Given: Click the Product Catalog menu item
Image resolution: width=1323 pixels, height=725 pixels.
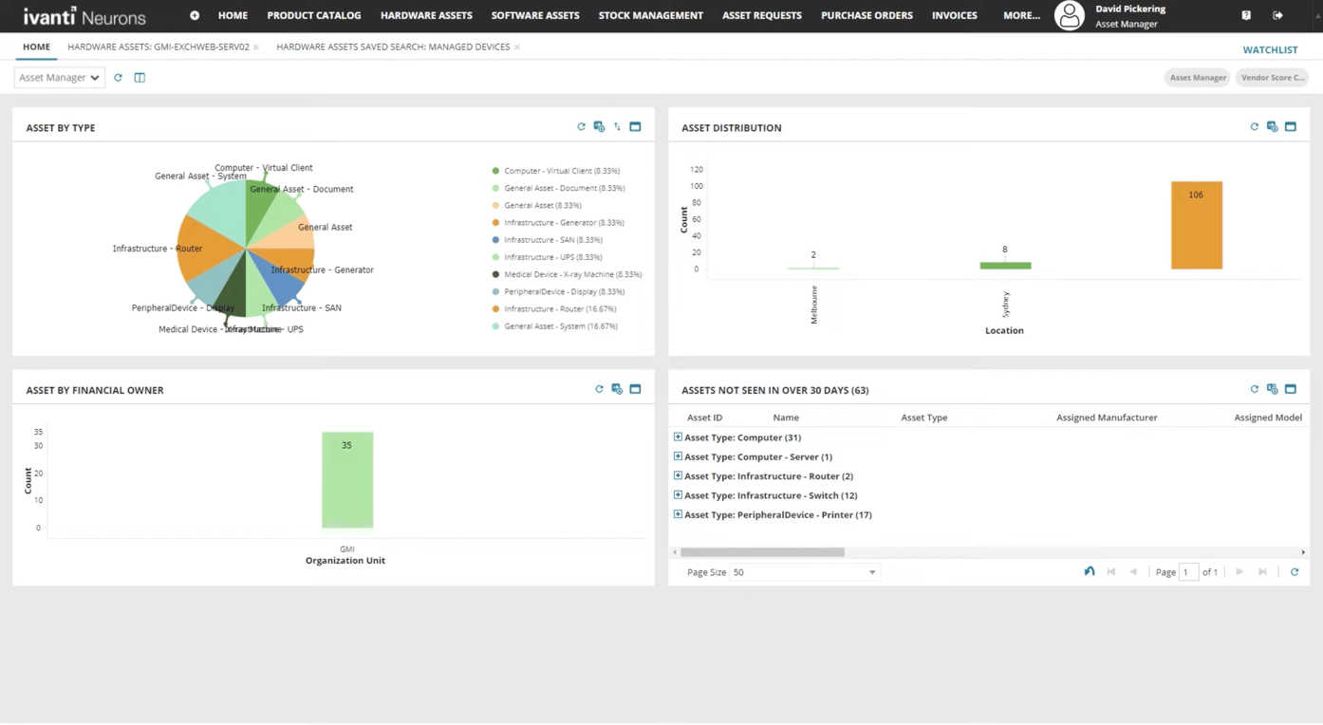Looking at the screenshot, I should [313, 15].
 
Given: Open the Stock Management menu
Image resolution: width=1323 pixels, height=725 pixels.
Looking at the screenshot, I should [650, 15].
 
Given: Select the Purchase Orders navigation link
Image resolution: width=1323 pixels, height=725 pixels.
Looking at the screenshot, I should [866, 15].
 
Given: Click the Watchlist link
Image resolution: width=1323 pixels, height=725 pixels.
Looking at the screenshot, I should [1270, 49].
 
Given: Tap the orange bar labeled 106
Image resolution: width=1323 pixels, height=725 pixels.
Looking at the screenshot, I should [1196, 226].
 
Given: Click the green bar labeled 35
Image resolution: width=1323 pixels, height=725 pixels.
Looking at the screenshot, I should [347, 480].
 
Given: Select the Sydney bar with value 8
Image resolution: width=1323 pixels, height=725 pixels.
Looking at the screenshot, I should [1005, 266].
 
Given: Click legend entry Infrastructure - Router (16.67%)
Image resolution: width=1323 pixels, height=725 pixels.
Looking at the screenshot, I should [560, 309].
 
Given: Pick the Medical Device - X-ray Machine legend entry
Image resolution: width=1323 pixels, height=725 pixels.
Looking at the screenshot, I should [572, 274].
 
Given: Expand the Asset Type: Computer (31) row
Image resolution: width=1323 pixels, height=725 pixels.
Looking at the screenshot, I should [678, 437].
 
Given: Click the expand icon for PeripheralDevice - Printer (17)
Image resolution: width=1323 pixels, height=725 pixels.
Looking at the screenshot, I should [678, 514].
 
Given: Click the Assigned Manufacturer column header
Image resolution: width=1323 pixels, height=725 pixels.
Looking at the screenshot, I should [1107, 418].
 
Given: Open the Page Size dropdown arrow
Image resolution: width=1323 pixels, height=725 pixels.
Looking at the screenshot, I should [872, 572].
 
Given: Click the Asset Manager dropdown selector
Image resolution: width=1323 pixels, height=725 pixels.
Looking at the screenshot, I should [59, 78].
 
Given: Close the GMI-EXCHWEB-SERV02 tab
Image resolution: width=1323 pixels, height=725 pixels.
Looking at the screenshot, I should [256, 47].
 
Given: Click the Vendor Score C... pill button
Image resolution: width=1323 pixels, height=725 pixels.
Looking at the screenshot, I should [1272, 78].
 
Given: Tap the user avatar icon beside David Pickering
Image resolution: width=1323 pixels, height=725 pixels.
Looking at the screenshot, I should [1070, 15].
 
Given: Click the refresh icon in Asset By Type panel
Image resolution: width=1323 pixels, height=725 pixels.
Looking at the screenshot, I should [581, 127].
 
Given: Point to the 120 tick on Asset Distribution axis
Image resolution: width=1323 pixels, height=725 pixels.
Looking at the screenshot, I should [697, 170].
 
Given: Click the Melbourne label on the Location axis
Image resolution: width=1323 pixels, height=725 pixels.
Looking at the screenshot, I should [814, 305].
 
